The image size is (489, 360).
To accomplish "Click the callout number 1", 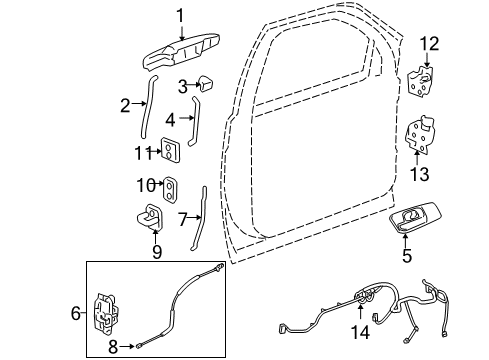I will point(180,15).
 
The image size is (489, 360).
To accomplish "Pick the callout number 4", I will point(171,119).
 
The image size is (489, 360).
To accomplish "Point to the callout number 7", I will point(183,217).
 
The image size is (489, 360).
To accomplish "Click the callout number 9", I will point(157,252).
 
